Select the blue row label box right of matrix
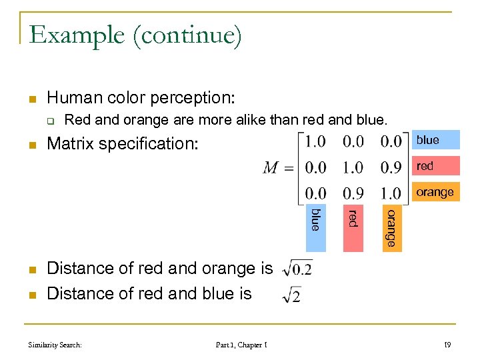coord(437,140)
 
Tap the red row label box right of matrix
coord(437,166)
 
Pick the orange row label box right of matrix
coord(437,192)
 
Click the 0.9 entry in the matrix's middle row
coord(391,167)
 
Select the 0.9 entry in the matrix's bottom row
coord(354,193)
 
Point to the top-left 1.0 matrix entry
coord(316,141)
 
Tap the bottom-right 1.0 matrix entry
coord(391,193)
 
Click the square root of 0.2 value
coord(297,269)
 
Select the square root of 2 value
coord(292,295)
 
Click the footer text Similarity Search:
coord(55,345)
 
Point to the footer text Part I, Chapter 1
coord(241,345)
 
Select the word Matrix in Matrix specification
coord(69,143)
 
